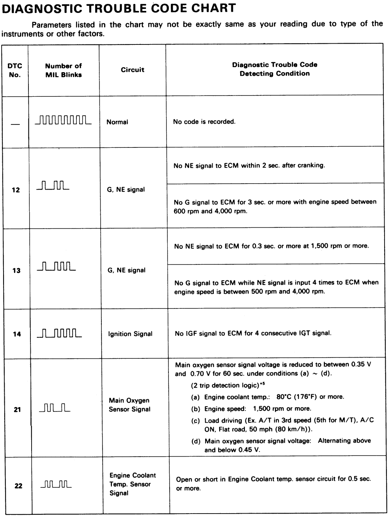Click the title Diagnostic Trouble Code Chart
119,8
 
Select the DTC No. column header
15,70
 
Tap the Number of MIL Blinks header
63,70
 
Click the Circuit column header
133,70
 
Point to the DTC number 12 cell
16,190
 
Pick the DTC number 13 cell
16,270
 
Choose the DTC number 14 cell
17,334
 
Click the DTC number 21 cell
17,409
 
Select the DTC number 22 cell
18,486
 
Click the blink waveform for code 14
60,333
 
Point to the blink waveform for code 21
55,409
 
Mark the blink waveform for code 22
56,485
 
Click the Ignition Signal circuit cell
130,334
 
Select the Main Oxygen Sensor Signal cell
129,405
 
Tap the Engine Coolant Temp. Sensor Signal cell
132,484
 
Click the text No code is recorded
204,122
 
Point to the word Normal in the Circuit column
117,122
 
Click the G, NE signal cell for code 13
127,270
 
